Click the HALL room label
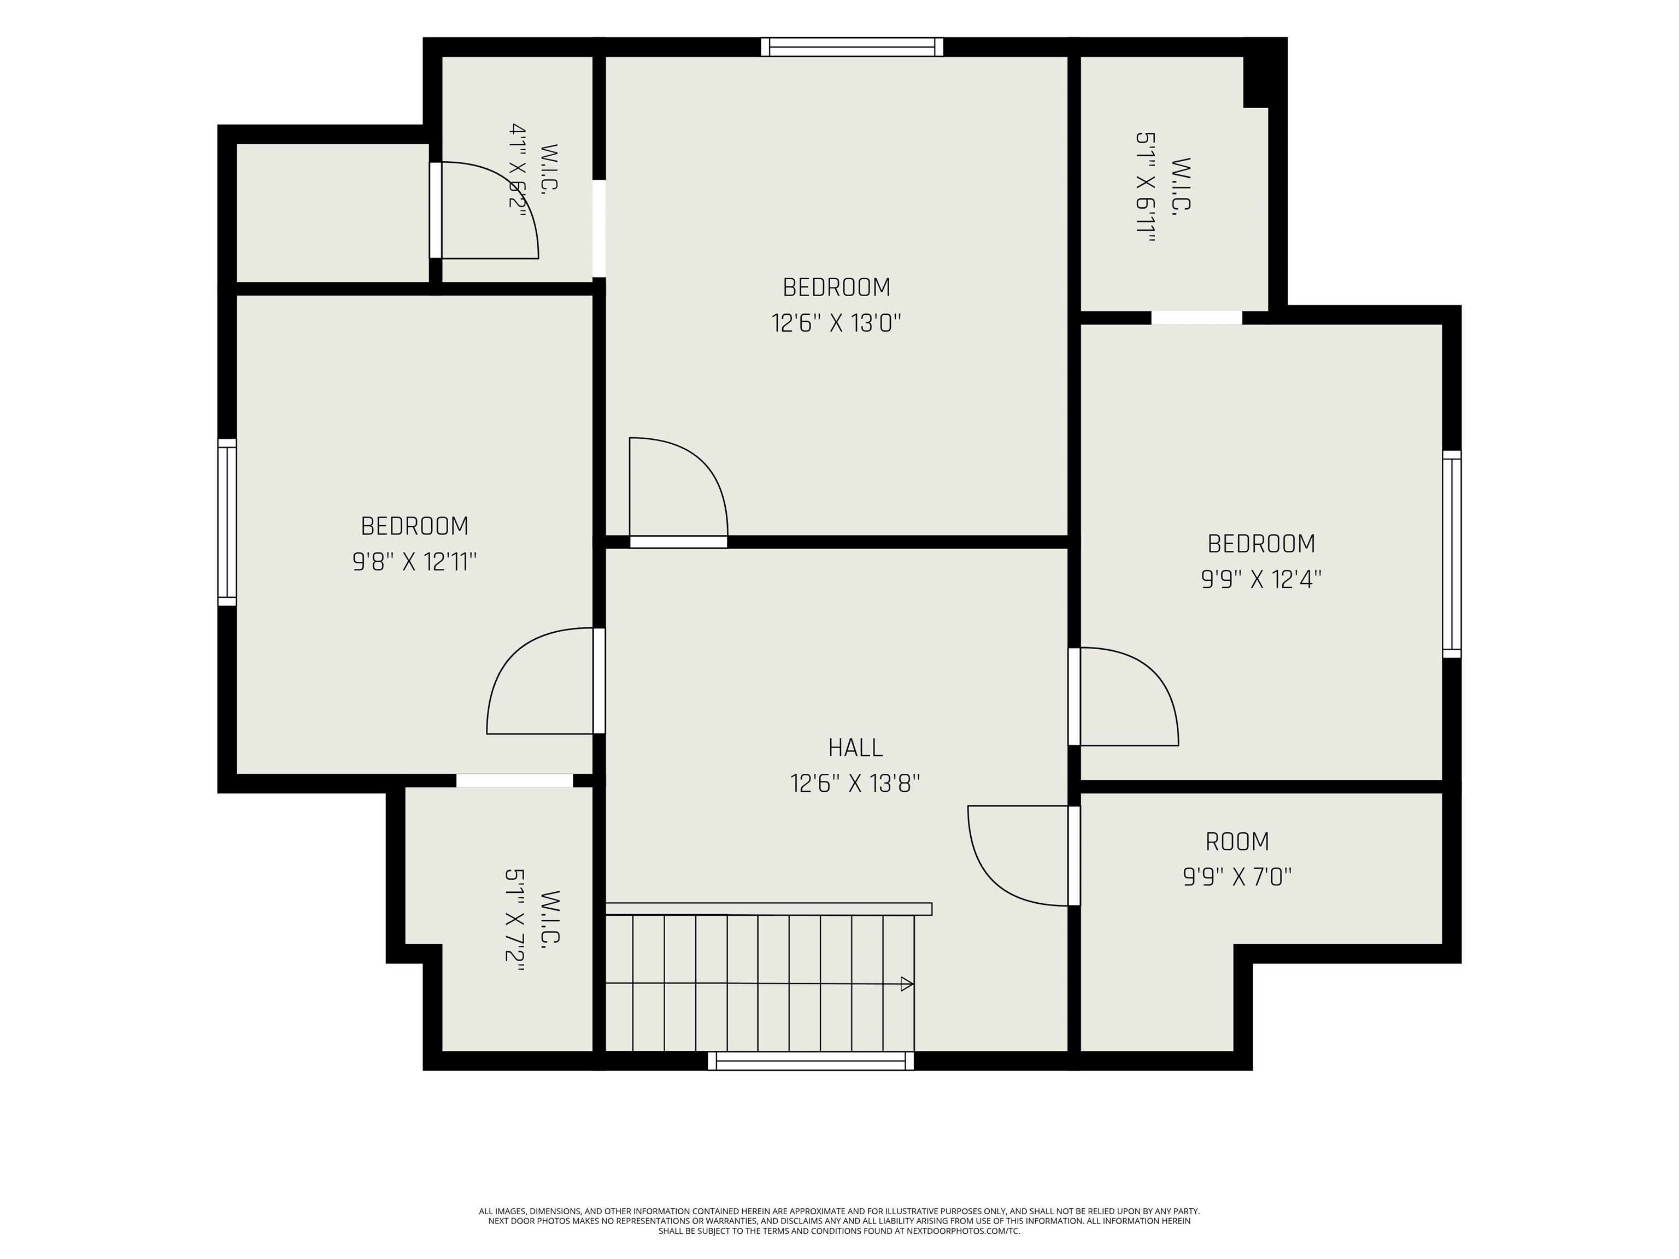pyautogui.click(x=855, y=748)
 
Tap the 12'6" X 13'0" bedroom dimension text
pyautogui.click(x=836, y=323)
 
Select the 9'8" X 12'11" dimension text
pyautogui.click(x=414, y=562)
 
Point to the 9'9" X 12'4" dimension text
pyautogui.click(x=1261, y=580)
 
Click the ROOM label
pyautogui.click(x=1237, y=842)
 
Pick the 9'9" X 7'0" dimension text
pyautogui.click(x=1237, y=877)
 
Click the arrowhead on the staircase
pyautogui.click(x=906, y=984)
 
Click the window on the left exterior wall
pyautogui.click(x=227, y=522)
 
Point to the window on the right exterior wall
pyautogui.click(x=1451, y=554)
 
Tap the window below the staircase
pyautogui.click(x=811, y=1061)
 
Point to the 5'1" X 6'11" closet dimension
pyautogui.click(x=1146, y=187)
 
